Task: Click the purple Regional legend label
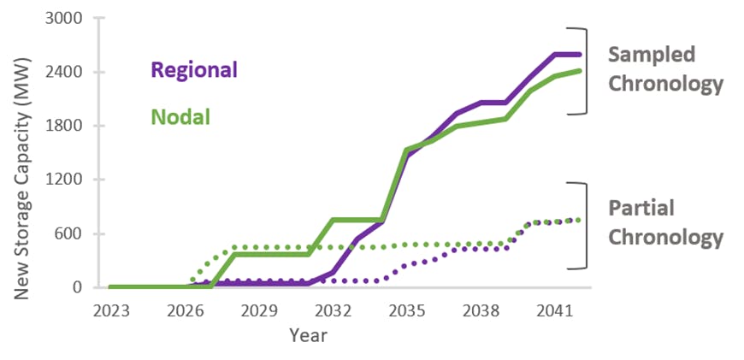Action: pyautogui.click(x=194, y=69)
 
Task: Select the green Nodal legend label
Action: pyautogui.click(x=180, y=115)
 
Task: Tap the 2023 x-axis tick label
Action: pyautogui.click(x=111, y=310)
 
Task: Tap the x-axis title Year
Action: pyautogui.click(x=307, y=334)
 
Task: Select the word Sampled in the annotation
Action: pyautogui.click(x=652, y=55)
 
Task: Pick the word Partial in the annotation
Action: pyautogui.click(x=641, y=208)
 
